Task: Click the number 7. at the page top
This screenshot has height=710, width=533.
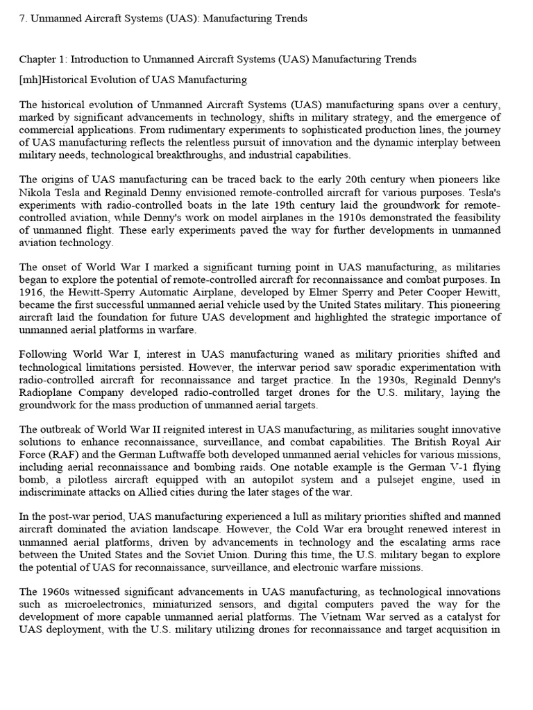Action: point(23,19)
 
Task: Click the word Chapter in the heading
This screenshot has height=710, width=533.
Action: point(37,60)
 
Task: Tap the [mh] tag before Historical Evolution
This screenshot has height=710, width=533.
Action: point(31,80)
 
